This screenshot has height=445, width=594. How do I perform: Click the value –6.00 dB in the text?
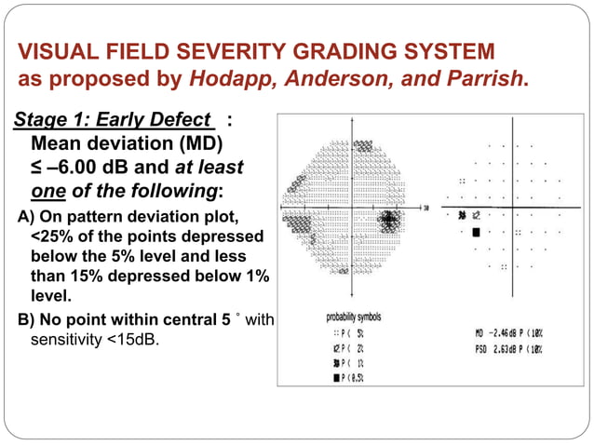coord(89,169)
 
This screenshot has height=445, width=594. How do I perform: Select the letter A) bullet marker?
coord(25,217)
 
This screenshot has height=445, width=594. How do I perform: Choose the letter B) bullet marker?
coord(25,320)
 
